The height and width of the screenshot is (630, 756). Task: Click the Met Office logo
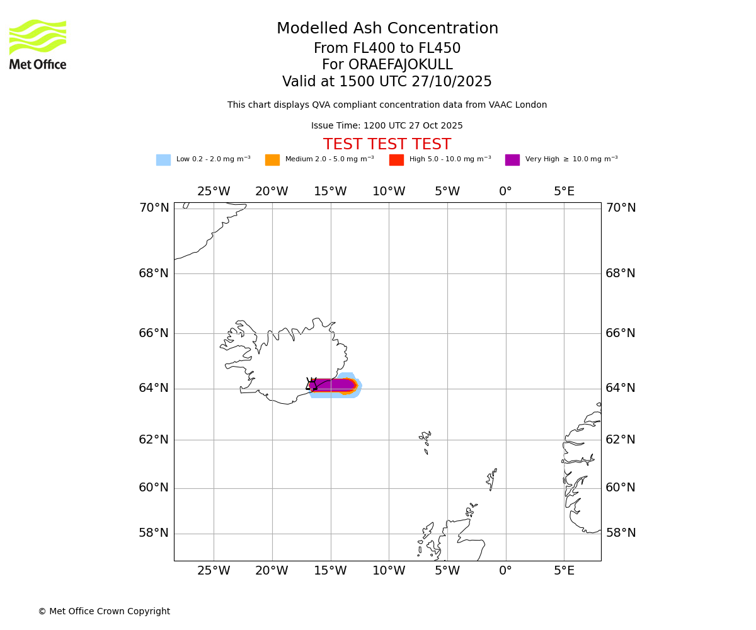[x=38, y=44]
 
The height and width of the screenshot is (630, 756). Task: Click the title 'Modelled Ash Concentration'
[x=387, y=29]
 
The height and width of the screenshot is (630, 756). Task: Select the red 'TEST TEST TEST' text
[x=387, y=145]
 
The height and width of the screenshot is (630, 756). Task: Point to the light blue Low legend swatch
[x=163, y=160]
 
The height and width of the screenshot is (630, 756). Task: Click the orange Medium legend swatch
[x=272, y=160]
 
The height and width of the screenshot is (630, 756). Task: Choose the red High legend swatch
[x=396, y=160]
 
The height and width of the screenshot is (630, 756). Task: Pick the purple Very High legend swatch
[x=512, y=160]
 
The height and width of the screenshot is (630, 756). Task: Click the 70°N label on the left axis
[x=154, y=208]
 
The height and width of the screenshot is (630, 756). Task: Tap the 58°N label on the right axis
[x=621, y=533]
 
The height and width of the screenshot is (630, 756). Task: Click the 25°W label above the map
[x=214, y=192]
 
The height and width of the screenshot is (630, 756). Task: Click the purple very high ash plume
[x=334, y=384]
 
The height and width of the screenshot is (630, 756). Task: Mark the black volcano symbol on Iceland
[x=311, y=384]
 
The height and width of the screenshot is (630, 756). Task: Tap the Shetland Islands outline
[x=491, y=479]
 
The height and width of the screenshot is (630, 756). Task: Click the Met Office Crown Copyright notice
[x=104, y=612]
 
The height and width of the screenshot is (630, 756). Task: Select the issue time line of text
[x=387, y=126]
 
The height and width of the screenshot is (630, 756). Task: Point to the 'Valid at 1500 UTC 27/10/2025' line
[x=387, y=82]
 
